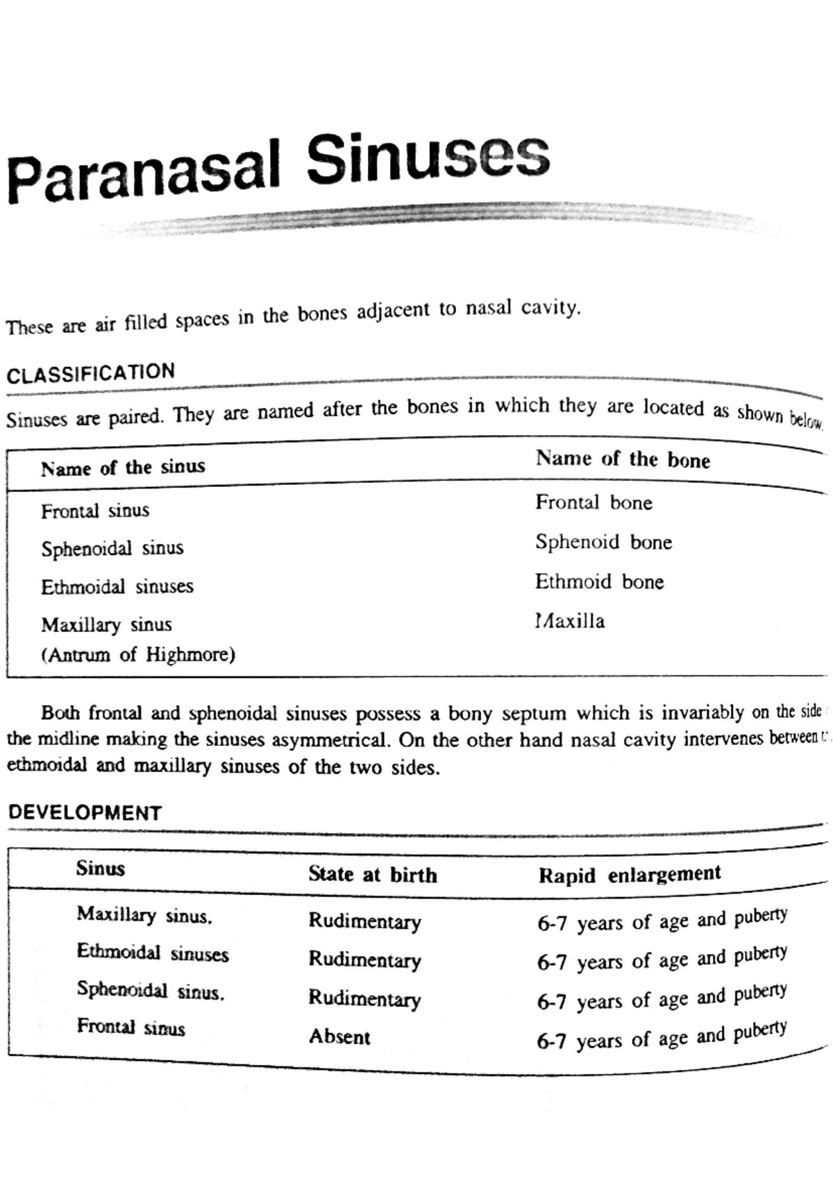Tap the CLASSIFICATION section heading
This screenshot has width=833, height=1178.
pos(91,373)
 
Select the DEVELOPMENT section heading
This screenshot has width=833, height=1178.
pos(85,812)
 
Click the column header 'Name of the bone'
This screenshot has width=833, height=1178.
pos(623,459)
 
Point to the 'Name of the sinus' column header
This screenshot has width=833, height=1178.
pos(123,468)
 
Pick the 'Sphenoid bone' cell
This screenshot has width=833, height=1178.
pos(603,542)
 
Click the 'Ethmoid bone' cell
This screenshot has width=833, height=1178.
pos(599,581)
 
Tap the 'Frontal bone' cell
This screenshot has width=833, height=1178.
pos(594,502)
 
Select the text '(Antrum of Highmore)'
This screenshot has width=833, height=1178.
pos(138,654)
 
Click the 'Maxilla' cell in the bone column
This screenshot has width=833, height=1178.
pos(570,620)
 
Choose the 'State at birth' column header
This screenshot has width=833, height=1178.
pos(373,874)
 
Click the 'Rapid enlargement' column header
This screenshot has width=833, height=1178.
pos(630,874)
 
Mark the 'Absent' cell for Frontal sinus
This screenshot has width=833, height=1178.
pos(339,1036)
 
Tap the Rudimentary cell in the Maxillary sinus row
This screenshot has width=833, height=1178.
pos(364,921)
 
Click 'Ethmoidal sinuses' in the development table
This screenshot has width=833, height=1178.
pos(153,953)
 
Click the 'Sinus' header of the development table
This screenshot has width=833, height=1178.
pos(101,868)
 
